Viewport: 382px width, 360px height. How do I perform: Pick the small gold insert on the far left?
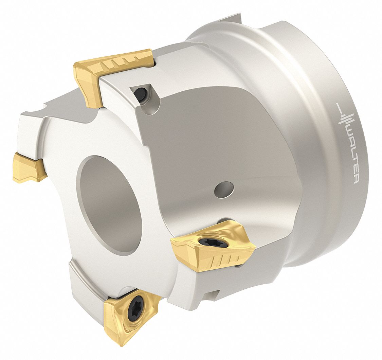(29, 167)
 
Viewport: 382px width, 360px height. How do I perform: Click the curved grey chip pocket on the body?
(217, 143)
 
